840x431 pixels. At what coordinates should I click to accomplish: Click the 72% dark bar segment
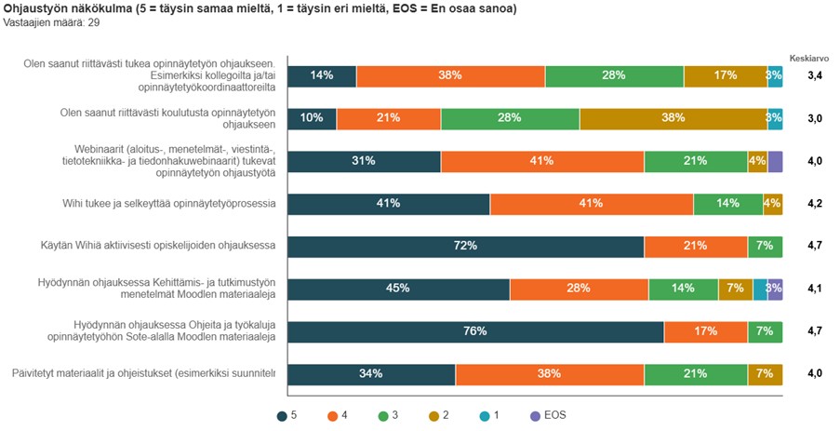[x=465, y=246]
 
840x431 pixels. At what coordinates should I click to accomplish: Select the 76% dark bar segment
[x=475, y=331]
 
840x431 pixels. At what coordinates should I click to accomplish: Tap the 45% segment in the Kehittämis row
[x=398, y=289]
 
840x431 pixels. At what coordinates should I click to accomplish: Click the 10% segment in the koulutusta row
[x=312, y=118]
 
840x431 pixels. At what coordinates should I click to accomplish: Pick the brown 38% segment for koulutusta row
[x=673, y=118]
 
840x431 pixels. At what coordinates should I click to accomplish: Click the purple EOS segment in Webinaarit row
[x=775, y=161]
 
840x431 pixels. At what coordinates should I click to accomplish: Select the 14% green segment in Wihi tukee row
[x=727, y=204]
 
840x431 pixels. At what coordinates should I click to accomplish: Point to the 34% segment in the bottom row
[x=371, y=374]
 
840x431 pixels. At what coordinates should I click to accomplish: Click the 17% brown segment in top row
[x=725, y=75]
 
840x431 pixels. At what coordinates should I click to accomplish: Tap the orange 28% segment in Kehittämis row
[x=579, y=289]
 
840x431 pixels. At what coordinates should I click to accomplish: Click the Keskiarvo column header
[x=808, y=56]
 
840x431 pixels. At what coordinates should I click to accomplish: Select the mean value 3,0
[x=814, y=118]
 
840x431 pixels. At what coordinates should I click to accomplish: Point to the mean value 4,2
[x=814, y=204]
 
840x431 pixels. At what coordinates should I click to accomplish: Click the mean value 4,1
[x=814, y=289]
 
